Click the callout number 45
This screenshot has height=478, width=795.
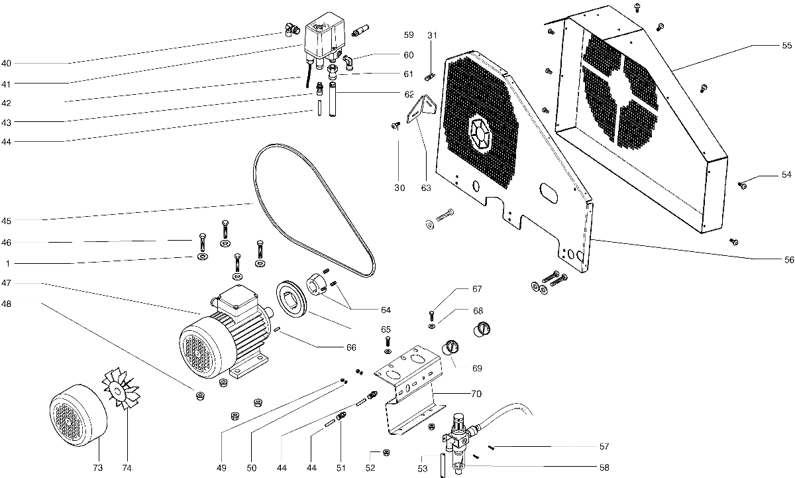pos(6,220)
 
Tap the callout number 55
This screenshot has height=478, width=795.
pos(786,46)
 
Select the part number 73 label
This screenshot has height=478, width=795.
pos(98,468)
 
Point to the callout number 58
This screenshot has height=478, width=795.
pos(604,467)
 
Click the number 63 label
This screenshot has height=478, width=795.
pos(426,188)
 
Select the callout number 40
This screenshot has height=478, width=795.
pos(6,64)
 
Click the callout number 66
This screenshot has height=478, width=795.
pos(351,347)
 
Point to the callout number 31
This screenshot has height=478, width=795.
pos(432,34)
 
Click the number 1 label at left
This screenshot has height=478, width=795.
pos(7,263)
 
